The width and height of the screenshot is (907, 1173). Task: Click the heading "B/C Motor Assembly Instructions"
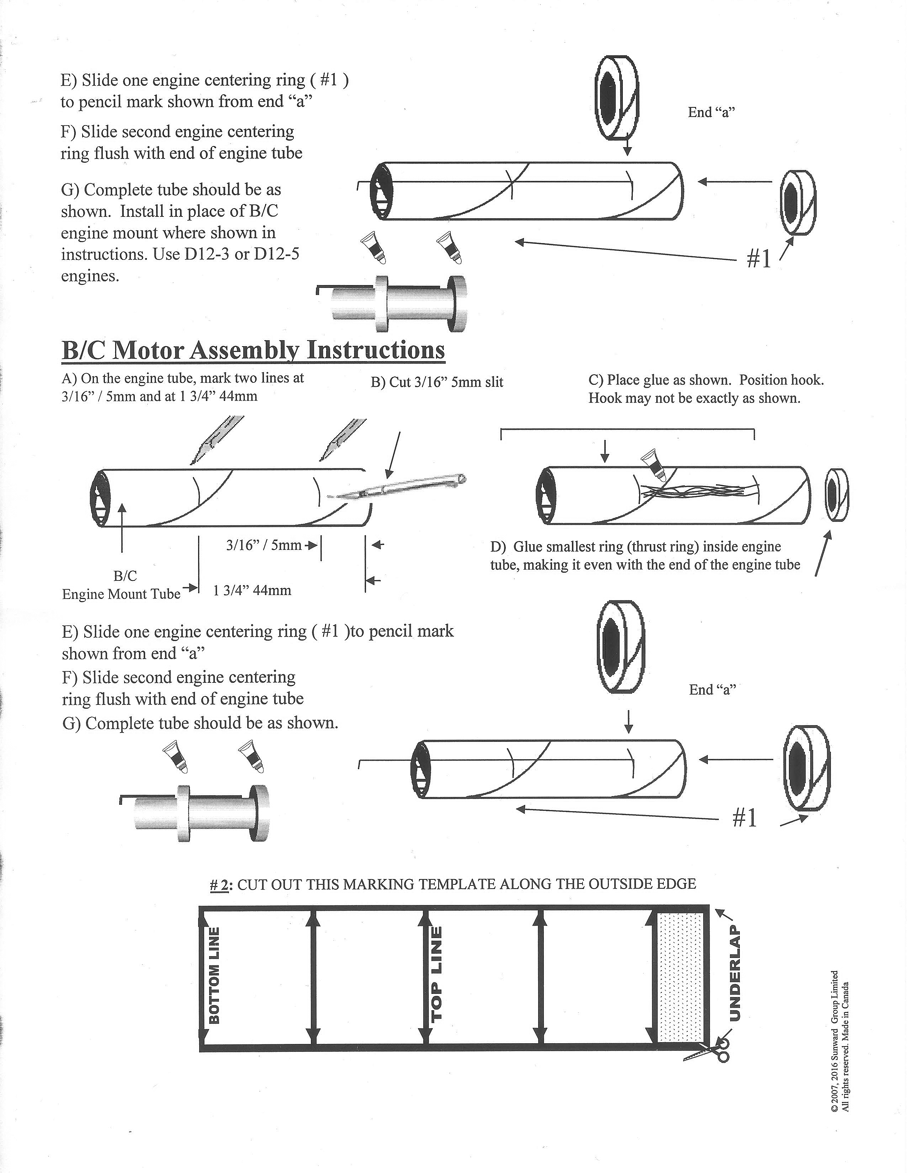click(x=253, y=350)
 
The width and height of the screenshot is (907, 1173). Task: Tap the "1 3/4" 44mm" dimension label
click(x=252, y=591)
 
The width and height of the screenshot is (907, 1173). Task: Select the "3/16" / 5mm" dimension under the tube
click(x=264, y=545)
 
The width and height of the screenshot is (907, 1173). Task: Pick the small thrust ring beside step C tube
click(x=837, y=495)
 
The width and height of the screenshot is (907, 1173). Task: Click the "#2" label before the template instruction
click(x=220, y=884)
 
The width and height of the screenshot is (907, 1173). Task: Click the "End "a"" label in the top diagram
click(x=711, y=112)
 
